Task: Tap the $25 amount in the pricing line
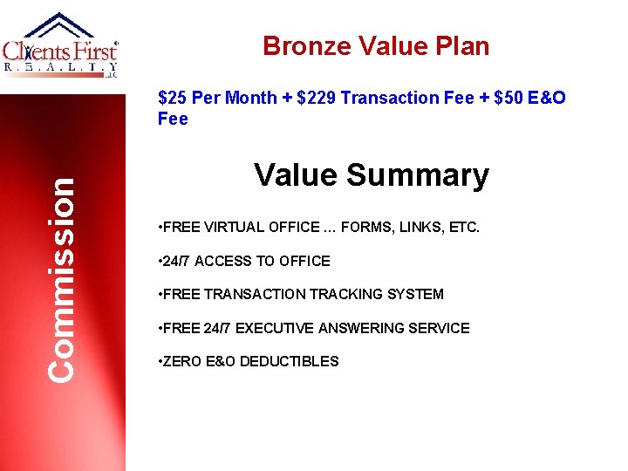tap(172, 98)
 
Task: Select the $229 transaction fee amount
tap(317, 98)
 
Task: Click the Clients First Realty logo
tap(61, 48)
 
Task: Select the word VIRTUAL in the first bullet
tap(235, 227)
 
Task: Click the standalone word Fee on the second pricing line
tap(173, 119)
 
